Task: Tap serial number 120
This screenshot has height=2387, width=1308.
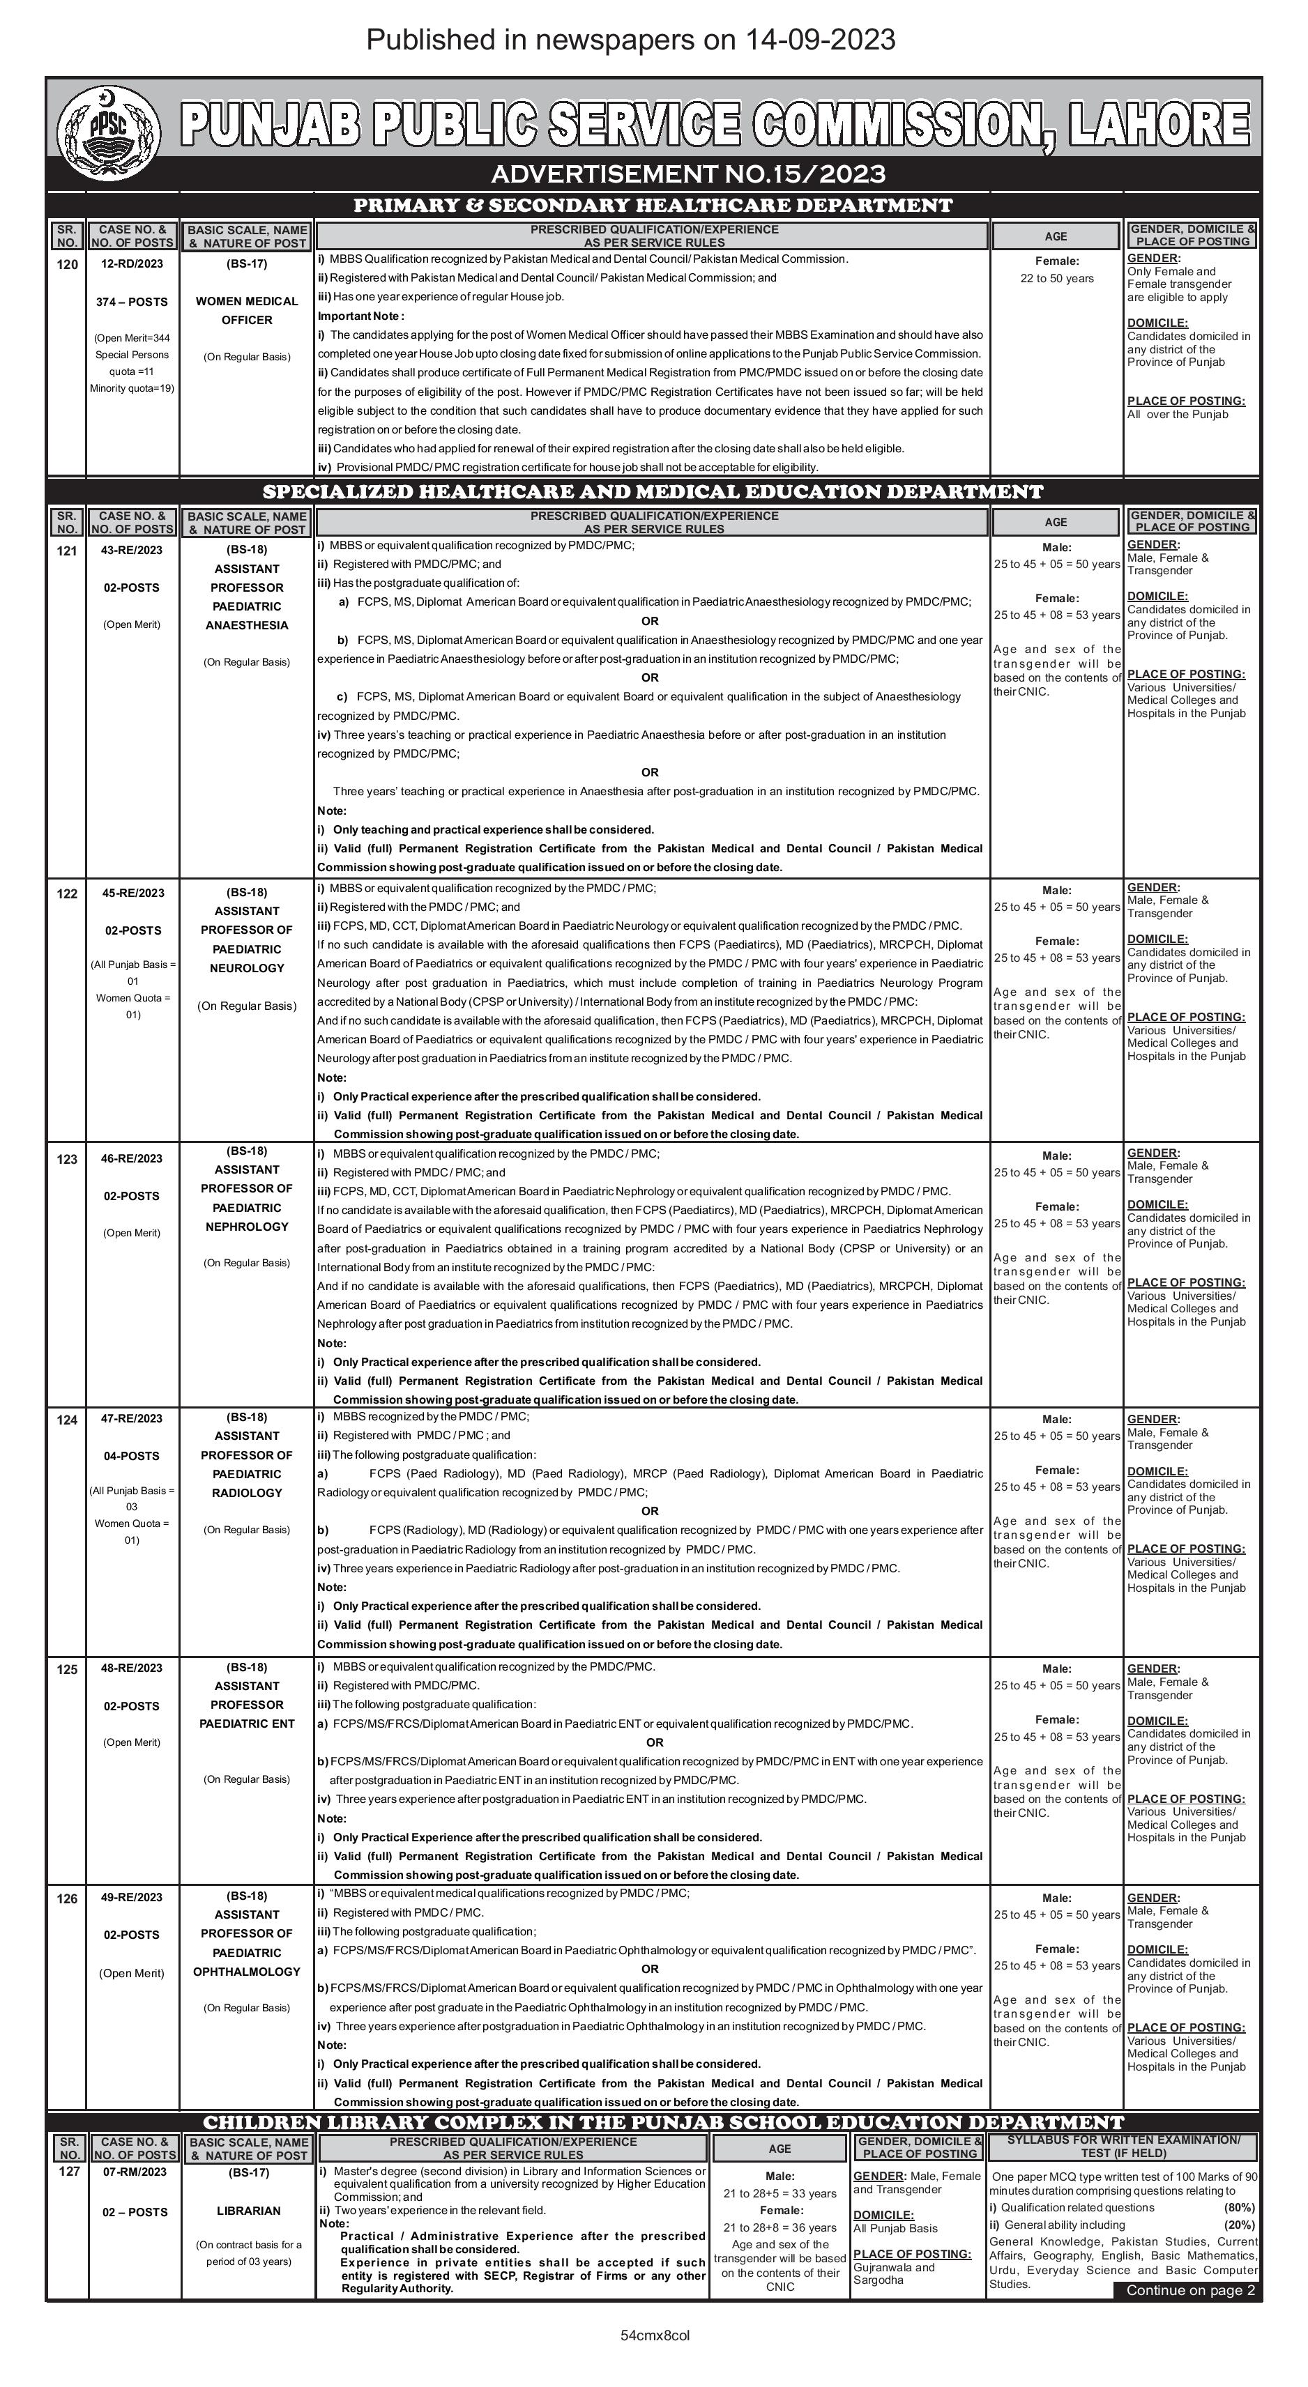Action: point(67,264)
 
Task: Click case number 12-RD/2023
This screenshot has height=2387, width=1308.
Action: point(132,264)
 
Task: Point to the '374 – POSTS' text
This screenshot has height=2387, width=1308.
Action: point(132,302)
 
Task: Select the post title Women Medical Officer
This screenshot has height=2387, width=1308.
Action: point(247,310)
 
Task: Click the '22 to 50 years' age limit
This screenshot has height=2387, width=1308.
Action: point(1057,278)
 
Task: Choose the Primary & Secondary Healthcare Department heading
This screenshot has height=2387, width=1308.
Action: point(653,206)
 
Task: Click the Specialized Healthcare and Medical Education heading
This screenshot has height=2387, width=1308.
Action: point(653,492)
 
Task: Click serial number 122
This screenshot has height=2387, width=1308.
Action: point(67,894)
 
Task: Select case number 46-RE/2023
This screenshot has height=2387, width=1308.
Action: point(132,1158)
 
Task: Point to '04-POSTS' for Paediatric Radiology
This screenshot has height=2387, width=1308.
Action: point(132,1456)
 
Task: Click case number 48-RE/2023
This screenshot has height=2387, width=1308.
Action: point(132,1668)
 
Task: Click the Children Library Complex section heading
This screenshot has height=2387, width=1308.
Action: point(663,2123)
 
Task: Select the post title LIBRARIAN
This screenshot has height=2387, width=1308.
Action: point(248,2211)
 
